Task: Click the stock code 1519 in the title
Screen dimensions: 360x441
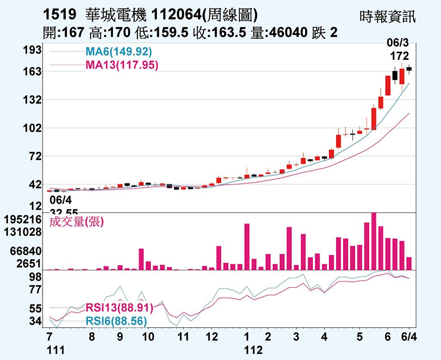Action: pyautogui.click(x=60, y=16)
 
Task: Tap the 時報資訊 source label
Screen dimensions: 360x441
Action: pyautogui.click(x=388, y=17)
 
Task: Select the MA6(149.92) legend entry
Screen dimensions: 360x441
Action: pyautogui.click(x=118, y=52)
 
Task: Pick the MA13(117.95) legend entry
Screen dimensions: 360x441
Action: pyautogui.click(x=122, y=65)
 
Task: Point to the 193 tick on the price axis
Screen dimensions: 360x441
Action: pyautogui.click(x=32, y=50)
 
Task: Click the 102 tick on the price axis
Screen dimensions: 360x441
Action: pyautogui.click(x=32, y=128)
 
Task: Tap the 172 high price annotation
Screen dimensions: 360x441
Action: pyautogui.click(x=399, y=56)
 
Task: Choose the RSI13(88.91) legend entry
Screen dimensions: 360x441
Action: pyautogui.click(x=119, y=308)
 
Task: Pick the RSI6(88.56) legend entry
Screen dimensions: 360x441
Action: pyautogui.click(x=116, y=321)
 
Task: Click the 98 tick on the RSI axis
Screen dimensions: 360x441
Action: pyautogui.click(x=34, y=277)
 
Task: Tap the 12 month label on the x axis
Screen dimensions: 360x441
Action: pyautogui.click(x=211, y=336)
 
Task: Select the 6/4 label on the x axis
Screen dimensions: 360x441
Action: pyautogui.click(x=409, y=336)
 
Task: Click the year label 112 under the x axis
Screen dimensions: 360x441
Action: pyautogui.click(x=253, y=350)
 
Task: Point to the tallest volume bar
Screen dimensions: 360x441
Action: pyautogui.click(x=373, y=241)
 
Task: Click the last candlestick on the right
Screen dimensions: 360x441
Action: pyautogui.click(x=409, y=69)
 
